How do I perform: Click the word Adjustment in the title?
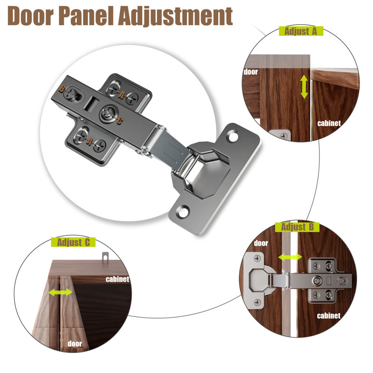(176, 16)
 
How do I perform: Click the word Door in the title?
(30, 16)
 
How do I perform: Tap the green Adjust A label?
(301, 31)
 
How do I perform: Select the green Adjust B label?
(297, 227)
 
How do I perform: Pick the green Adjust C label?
(73, 242)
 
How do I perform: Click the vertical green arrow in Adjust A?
(304, 87)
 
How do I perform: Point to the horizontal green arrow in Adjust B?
(290, 257)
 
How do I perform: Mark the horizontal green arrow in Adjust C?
(61, 292)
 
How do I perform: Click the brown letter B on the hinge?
(62, 89)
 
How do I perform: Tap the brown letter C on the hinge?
(120, 121)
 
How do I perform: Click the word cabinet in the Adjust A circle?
(329, 123)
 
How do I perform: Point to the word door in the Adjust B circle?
(261, 243)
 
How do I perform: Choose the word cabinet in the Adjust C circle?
(117, 279)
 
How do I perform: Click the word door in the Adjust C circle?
(75, 344)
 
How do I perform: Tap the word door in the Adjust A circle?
(251, 72)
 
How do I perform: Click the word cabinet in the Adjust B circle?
(329, 316)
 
